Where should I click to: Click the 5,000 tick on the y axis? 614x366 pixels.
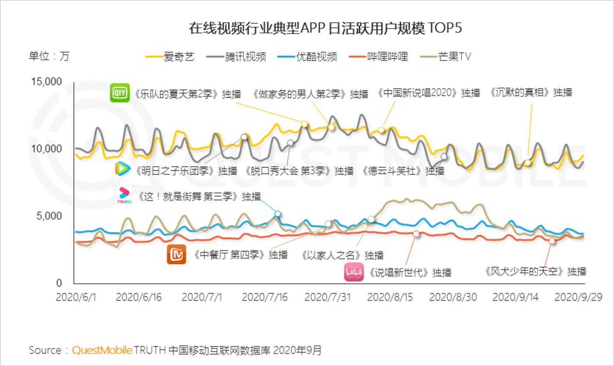pos(51,216)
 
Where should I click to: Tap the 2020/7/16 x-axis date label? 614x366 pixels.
pos(265,297)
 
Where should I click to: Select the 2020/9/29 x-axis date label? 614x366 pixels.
pos(578,297)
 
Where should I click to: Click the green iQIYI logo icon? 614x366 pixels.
pos(119,93)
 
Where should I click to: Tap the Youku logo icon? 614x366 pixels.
pos(124,195)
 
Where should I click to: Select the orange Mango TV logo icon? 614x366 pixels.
pos(176,255)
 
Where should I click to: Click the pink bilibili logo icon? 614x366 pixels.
pos(353,272)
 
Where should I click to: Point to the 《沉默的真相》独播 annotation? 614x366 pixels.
pos(531,93)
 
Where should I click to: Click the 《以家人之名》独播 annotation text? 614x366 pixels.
pos(343,255)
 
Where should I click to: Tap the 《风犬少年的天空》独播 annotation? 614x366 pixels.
pos(535,271)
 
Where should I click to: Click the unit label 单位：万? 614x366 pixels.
pos(49,57)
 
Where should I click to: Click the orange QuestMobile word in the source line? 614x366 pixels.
pos(102,350)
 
